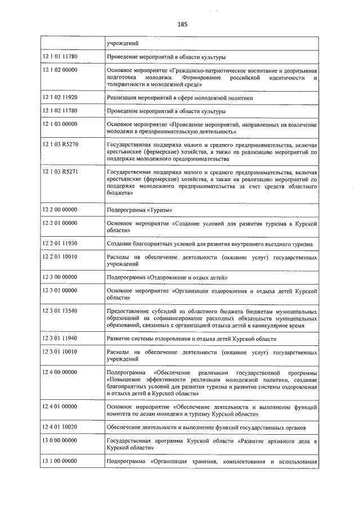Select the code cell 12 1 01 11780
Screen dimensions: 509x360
pyautogui.click(x=60, y=57)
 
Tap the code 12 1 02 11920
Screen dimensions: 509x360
pyautogui.click(x=60, y=97)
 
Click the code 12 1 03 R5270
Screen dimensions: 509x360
pyautogui.click(x=60, y=143)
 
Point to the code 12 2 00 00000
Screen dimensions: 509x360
pyautogui.click(x=60, y=210)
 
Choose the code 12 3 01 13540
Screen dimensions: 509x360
pyautogui.click(x=60, y=310)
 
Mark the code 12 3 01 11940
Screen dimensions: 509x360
pyautogui.click(x=60, y=338)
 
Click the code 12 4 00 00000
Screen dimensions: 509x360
pyautogui.click(x=60, y=372)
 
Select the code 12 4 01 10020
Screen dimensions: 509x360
pyautogui.click(x=60, y=427)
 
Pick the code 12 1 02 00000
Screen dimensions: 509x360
pyautogui.click(x=60, y=70)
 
